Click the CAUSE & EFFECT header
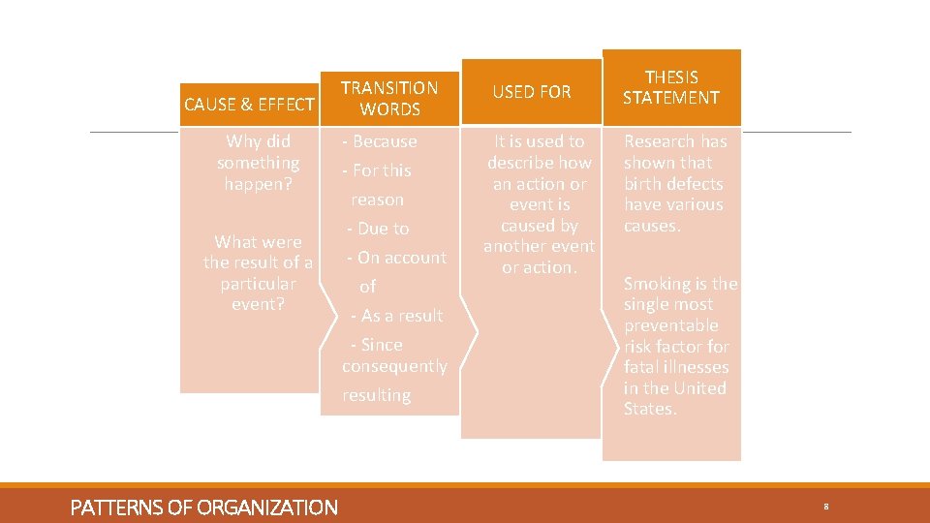click(249, 105)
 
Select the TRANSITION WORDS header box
click(389, 98)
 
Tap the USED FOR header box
click(532, 92)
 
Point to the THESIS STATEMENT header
click(671, 87)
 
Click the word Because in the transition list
click(385, 141)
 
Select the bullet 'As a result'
click(400, 316)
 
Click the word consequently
click(394, 366)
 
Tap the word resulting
click(376, 395)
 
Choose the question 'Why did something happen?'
click(258, 163)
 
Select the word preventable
click(671, 325)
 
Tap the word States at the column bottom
click(649, 409)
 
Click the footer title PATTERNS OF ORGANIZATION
click(204, 508)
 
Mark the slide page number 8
click(826, 507)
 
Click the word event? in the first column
click(258, 304)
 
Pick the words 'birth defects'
click(673, 184)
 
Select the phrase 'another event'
click(539, 246)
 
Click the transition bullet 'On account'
click(401, 258)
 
